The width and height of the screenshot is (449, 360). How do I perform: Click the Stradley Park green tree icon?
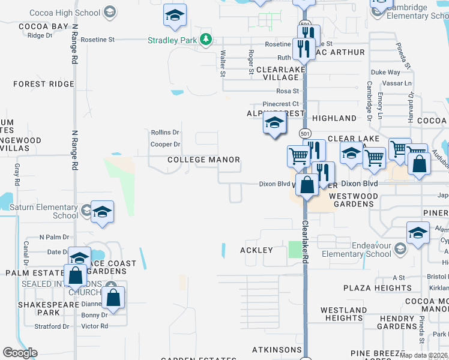(x=206, y=40)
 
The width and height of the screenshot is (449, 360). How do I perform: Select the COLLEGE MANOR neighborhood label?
(x=203, y=160)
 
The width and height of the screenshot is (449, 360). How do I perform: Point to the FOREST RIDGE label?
(x=44, y=84)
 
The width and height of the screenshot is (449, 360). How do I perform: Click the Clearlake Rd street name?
(x=305, y=242)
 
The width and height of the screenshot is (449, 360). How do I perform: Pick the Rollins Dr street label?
(x=165, y=132)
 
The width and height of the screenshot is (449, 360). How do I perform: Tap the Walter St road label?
(x=223, y=63)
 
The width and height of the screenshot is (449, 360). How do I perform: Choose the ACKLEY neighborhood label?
(x=256, y=250)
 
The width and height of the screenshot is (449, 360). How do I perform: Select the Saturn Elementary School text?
(x=49, y=211)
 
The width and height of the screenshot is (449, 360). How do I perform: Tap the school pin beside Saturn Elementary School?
(x=102, y=212)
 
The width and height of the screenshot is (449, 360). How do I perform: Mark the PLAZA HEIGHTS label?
(x=378, y=289)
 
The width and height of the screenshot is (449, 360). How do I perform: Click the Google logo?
(x=20, y=353)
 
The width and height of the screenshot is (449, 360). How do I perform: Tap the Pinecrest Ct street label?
(x=276, y=104)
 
